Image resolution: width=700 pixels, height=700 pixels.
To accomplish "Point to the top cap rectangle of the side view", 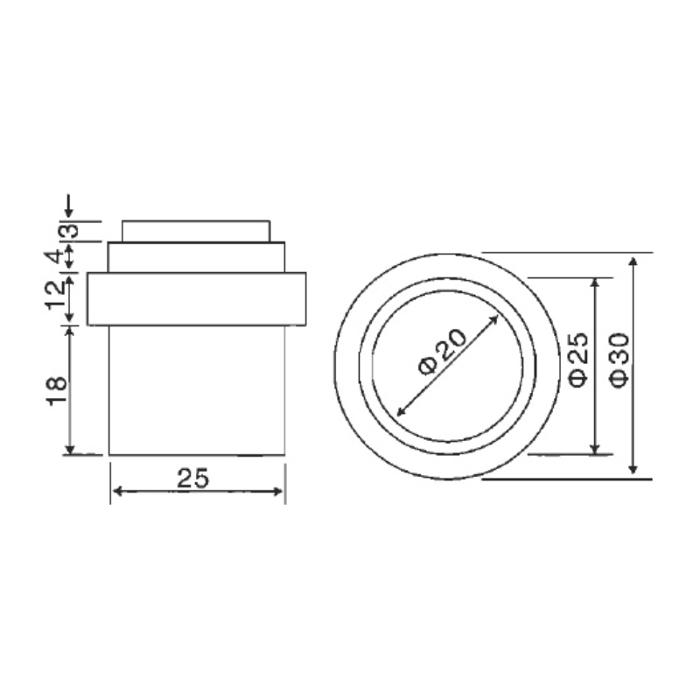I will [x=195, y=231].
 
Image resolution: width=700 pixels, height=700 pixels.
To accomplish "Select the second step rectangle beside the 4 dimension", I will [x=196, y=258].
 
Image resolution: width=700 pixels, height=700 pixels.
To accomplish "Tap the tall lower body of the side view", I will [x=196, y=389].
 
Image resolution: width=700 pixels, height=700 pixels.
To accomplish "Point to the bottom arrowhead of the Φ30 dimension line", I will [x=635, y=472].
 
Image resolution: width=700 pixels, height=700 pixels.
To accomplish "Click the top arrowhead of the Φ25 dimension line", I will [x=597, y=283].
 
